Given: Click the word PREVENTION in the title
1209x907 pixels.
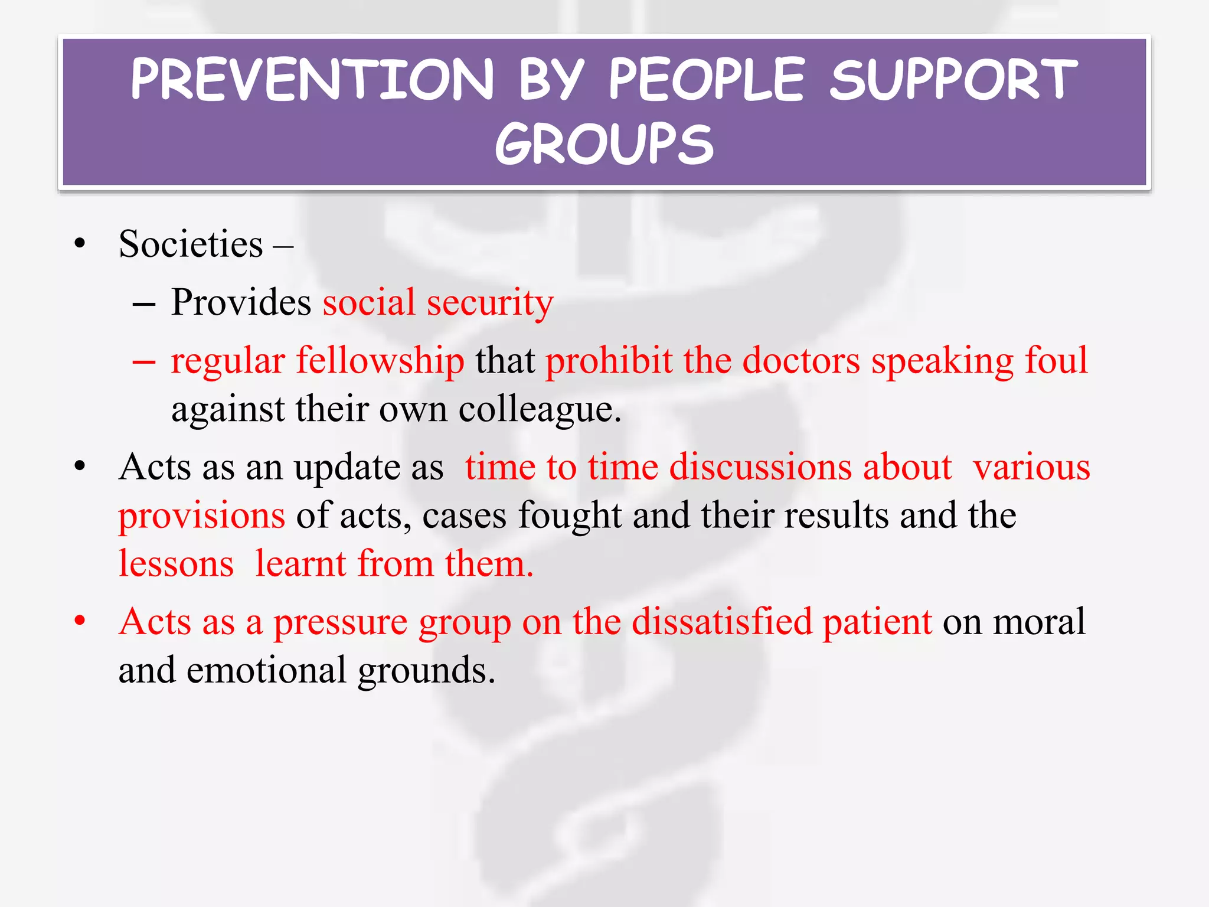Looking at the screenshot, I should coord(312,80).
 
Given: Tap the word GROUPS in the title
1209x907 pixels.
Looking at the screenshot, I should coord(604,144).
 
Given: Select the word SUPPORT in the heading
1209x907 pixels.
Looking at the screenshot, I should coord(953,80).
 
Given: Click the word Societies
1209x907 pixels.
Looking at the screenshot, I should coord(191,244).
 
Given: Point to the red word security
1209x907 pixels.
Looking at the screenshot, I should coord(490,303).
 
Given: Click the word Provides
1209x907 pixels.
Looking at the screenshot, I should coord(241,302).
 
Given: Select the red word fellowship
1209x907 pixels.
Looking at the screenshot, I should coord(380,361).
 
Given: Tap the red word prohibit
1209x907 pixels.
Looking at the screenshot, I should coord(609,361).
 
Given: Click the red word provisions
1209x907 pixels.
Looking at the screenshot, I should coord(202,516).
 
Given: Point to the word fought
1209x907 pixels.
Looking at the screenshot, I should coord(570,516).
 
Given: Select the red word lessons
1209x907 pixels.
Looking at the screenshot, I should coord(176,564).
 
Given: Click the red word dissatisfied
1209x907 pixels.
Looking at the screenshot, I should coord(721,622).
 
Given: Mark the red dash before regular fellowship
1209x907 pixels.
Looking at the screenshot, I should coord(144,361).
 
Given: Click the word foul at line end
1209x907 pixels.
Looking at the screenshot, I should coord(1056,360).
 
